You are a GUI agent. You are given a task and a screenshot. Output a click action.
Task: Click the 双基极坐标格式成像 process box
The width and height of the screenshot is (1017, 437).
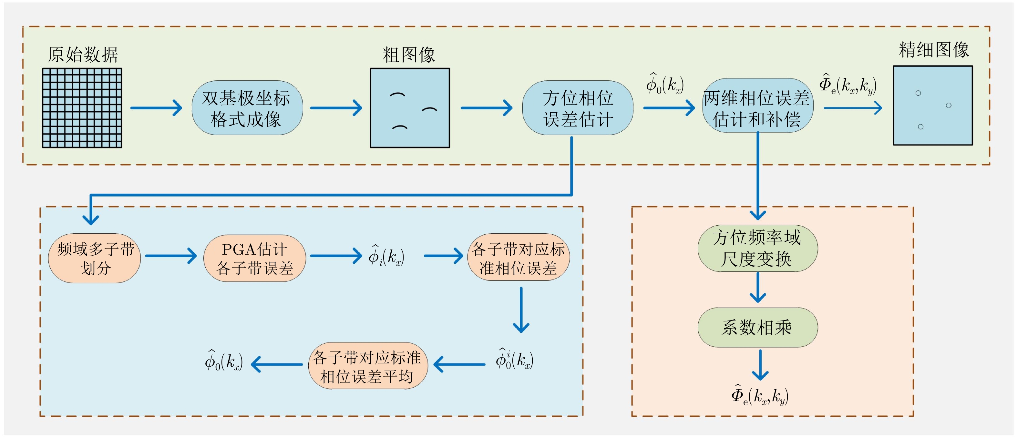click(247, 108)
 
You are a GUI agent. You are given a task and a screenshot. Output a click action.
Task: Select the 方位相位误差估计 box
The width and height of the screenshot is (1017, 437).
click(578, 108)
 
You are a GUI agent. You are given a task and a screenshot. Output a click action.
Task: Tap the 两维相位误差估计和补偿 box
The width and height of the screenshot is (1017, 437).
click(757, 106)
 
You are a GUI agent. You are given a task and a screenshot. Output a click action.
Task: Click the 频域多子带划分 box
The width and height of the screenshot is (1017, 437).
click(94, 258)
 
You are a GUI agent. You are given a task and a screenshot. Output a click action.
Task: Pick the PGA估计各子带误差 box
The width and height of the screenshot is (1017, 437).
click(255, 258)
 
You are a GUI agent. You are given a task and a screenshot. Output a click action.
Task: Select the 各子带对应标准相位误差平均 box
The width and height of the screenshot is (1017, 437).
click(367, 366)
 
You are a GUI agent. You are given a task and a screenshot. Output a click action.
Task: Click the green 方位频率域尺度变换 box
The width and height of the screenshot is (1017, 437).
click(757, 248)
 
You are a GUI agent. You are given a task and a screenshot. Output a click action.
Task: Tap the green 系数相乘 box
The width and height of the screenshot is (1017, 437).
click(757, 327)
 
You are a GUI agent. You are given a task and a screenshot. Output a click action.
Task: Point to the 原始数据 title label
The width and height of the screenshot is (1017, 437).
click(83, 55)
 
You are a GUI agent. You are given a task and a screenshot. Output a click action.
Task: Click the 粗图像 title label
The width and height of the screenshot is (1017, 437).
click(409, 55)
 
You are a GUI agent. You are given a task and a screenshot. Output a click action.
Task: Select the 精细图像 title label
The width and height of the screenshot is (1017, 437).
click(933, 50)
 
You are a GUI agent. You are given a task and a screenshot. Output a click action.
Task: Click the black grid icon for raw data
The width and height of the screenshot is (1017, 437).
click(82, 108)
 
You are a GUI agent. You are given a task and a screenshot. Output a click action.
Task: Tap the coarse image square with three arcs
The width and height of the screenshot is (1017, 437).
click(410, 108)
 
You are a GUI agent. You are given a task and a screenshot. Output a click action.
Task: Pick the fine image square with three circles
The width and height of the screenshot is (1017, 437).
click(932, 106)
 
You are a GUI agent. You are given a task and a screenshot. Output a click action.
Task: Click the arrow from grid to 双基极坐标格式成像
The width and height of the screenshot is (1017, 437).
click(156, 108)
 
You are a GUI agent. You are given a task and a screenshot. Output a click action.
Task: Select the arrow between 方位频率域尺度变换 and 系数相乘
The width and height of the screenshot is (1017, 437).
click(758, 288)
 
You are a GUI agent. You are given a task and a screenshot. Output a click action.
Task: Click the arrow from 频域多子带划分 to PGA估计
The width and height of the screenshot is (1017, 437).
click(171, 256)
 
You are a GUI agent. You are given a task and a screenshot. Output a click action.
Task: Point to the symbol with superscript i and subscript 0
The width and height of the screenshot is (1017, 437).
click(514, 359)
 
